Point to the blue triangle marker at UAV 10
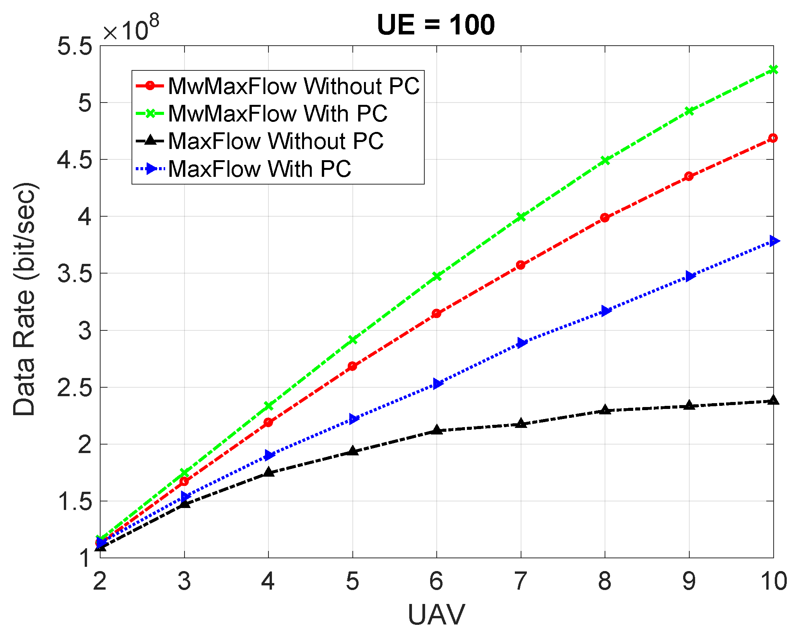[773, 241]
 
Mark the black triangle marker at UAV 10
[773, 400]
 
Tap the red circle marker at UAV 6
[436, 313]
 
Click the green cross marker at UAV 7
[521, 217]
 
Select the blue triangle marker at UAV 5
[353, 419]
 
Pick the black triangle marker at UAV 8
[605, 410]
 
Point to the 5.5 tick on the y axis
[75, 46]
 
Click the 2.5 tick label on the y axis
[75, 387]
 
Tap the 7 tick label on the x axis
[521, 582]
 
